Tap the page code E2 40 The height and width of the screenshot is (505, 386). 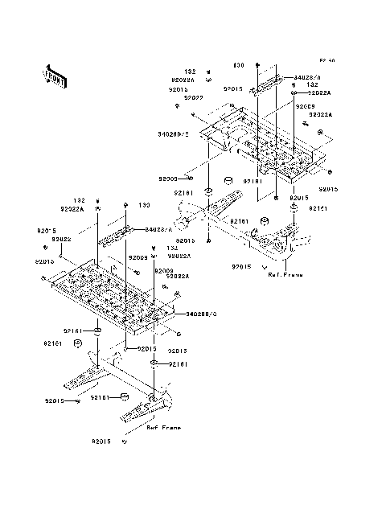click(x=326, y=60)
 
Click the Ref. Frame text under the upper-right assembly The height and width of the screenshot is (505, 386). click(x=286, y=274)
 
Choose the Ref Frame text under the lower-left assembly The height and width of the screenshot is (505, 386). click(x=163, y=428)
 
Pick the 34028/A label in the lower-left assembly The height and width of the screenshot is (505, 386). click(x=161, y=230)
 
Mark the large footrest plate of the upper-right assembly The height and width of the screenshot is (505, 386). click(x=257, y=145)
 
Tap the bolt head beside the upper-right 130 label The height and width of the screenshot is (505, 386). click(x=257, y=64)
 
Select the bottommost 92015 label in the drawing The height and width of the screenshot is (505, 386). click(x=101, y=441)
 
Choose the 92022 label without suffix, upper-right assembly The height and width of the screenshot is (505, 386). click(x=193, y=98)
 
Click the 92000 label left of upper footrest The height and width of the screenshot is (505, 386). click(x=169, y=179)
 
